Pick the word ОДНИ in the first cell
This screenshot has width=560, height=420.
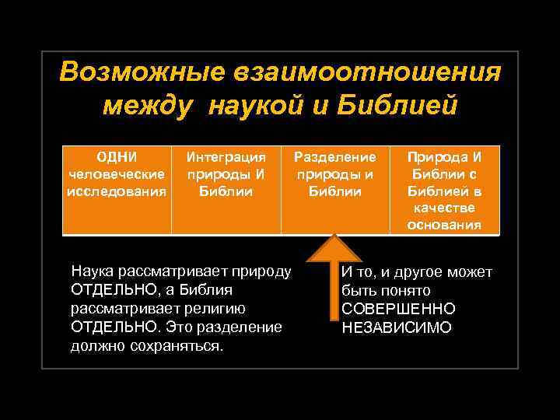coord(116,157)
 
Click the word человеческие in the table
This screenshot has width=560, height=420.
coord(116,174)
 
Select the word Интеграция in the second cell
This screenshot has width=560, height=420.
coord(226,157)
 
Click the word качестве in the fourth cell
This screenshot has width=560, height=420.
coord(444,208)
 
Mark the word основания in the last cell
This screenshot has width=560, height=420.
coord(444,226)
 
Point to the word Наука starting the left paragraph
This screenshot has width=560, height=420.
coord(91,272)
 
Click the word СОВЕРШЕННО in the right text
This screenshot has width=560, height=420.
coord(398,310)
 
